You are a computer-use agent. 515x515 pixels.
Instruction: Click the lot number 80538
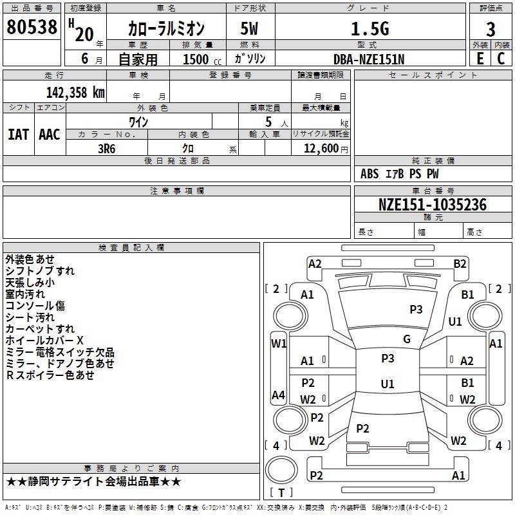click(x=32, y=27)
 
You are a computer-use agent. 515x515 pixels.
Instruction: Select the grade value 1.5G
click(x=370, y=28)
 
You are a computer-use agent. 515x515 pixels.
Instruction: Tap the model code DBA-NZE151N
click(x=369, y=59)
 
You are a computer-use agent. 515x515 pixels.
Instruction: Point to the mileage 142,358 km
click(x=75, y=93)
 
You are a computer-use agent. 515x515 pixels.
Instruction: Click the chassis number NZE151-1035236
click(x=433, y=205)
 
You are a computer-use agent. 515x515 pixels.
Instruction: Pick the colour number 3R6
click(x=107, y=149)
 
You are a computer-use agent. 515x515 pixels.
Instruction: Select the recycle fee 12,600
click(x=321, y=149)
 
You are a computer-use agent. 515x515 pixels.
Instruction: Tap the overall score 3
click(x=491, y=30)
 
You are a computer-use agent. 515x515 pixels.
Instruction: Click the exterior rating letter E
click(x=480, y=59)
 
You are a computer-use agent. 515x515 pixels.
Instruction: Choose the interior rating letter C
click(x=501, y=59)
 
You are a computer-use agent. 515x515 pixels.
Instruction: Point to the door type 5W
click(x=249, y=28)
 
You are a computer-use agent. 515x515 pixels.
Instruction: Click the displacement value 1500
click(x=196, y=59)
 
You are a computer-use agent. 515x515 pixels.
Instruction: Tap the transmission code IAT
click(x=18, y=135)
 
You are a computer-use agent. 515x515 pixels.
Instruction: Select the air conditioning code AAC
click(x=50, y=135)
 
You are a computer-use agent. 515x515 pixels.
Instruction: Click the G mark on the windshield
click(x=407, y=339)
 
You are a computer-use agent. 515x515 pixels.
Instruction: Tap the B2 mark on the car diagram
click(x=460, y=264)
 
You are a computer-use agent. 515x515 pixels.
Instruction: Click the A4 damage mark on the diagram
click(x=279, y=395)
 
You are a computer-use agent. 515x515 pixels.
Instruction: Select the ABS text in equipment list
click(x=370, y=174)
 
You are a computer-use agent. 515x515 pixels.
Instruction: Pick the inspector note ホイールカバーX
click(x=44, y=341)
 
